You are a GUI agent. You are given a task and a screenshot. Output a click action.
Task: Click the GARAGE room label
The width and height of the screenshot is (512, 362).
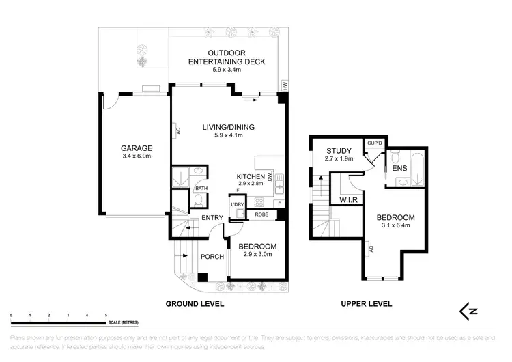137,148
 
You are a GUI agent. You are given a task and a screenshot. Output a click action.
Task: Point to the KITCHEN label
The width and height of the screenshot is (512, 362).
251,176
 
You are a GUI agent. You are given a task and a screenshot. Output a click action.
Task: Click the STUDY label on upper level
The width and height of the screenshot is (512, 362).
339,151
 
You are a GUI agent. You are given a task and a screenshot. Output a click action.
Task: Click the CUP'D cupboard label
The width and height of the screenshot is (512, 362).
374,143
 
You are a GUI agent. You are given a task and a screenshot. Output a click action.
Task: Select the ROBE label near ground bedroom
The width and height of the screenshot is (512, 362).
260,214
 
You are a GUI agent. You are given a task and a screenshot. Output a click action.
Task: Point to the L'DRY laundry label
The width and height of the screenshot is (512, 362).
238,205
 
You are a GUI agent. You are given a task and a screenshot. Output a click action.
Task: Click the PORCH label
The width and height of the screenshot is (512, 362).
212,257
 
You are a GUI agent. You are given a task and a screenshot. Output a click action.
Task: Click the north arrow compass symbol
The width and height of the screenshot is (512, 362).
468,311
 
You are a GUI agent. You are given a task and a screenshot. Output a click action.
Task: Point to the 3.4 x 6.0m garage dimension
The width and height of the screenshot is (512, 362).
137,157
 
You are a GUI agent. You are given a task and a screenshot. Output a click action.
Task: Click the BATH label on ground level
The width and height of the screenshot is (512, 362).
201,189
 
